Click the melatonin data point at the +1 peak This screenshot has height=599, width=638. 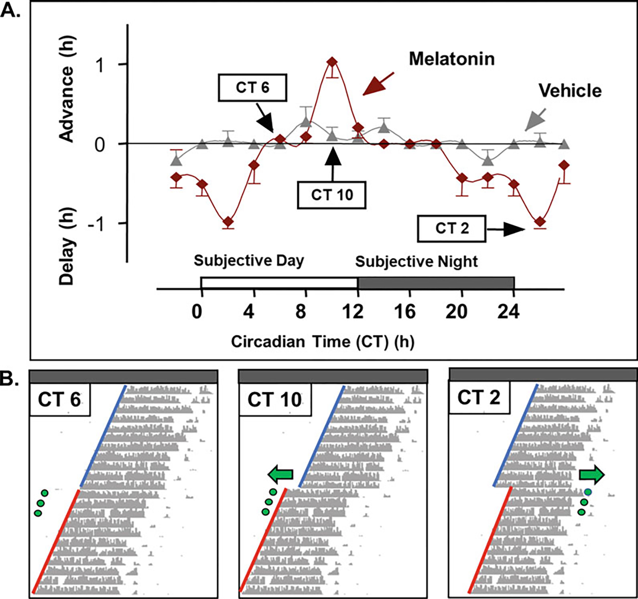(x=332, y=62)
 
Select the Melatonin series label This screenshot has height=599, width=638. (x=451, y=59)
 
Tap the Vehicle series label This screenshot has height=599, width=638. (x=570, y=91)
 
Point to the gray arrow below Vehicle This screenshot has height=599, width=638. (x=536, y=119)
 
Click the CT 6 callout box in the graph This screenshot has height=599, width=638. (x=252, y=87)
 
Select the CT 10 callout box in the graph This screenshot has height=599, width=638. (x=331, y=195)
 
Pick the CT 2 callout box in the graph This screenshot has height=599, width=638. (x=451, y=229)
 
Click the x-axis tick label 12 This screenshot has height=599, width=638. (x=353, y=312)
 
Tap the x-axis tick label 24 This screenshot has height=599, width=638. (x=508, y=312)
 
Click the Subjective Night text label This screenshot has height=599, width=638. (x=416, y=262)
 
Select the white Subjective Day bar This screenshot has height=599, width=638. (x=279, y=283)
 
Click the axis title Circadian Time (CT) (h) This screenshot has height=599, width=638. (x=323, y=342)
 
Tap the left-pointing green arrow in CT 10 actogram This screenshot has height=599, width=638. (x=280, y=475)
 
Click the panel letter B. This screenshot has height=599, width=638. (x=9, y=378)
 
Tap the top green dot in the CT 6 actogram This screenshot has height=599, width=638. (x=44, y=493)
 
